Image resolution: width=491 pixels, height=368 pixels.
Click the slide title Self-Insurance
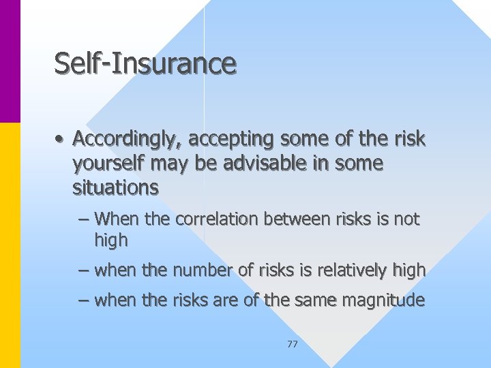145,63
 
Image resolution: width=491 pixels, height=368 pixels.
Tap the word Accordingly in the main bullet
128,140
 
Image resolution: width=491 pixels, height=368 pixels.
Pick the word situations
115,187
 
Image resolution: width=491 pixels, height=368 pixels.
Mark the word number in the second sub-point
200,271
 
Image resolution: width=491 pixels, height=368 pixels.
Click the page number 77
293,344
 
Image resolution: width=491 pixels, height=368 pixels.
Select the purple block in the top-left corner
10,61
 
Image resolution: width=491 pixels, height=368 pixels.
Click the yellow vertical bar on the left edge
10,245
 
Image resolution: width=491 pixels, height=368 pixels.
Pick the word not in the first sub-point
407,219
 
